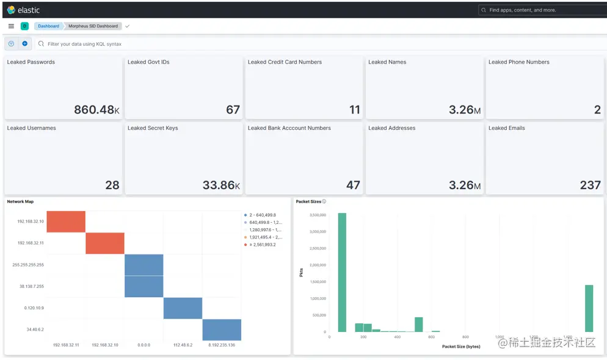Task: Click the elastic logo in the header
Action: coord(23,10)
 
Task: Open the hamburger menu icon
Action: coord(11,26)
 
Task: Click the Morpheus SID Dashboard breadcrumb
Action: coord(93,26)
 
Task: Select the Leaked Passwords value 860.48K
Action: coord(96,110)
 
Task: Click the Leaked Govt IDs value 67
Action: coord(233,110)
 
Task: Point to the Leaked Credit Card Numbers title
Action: coord(285,62)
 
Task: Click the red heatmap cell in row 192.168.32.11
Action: coord(104,243)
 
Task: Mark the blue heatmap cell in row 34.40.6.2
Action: coord(222,329)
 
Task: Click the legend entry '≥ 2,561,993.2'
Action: coord(262,245)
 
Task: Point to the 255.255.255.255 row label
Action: coord(28,265)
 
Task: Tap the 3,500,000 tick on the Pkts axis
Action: coord(315,215)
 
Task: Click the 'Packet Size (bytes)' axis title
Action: coord(461,347)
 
